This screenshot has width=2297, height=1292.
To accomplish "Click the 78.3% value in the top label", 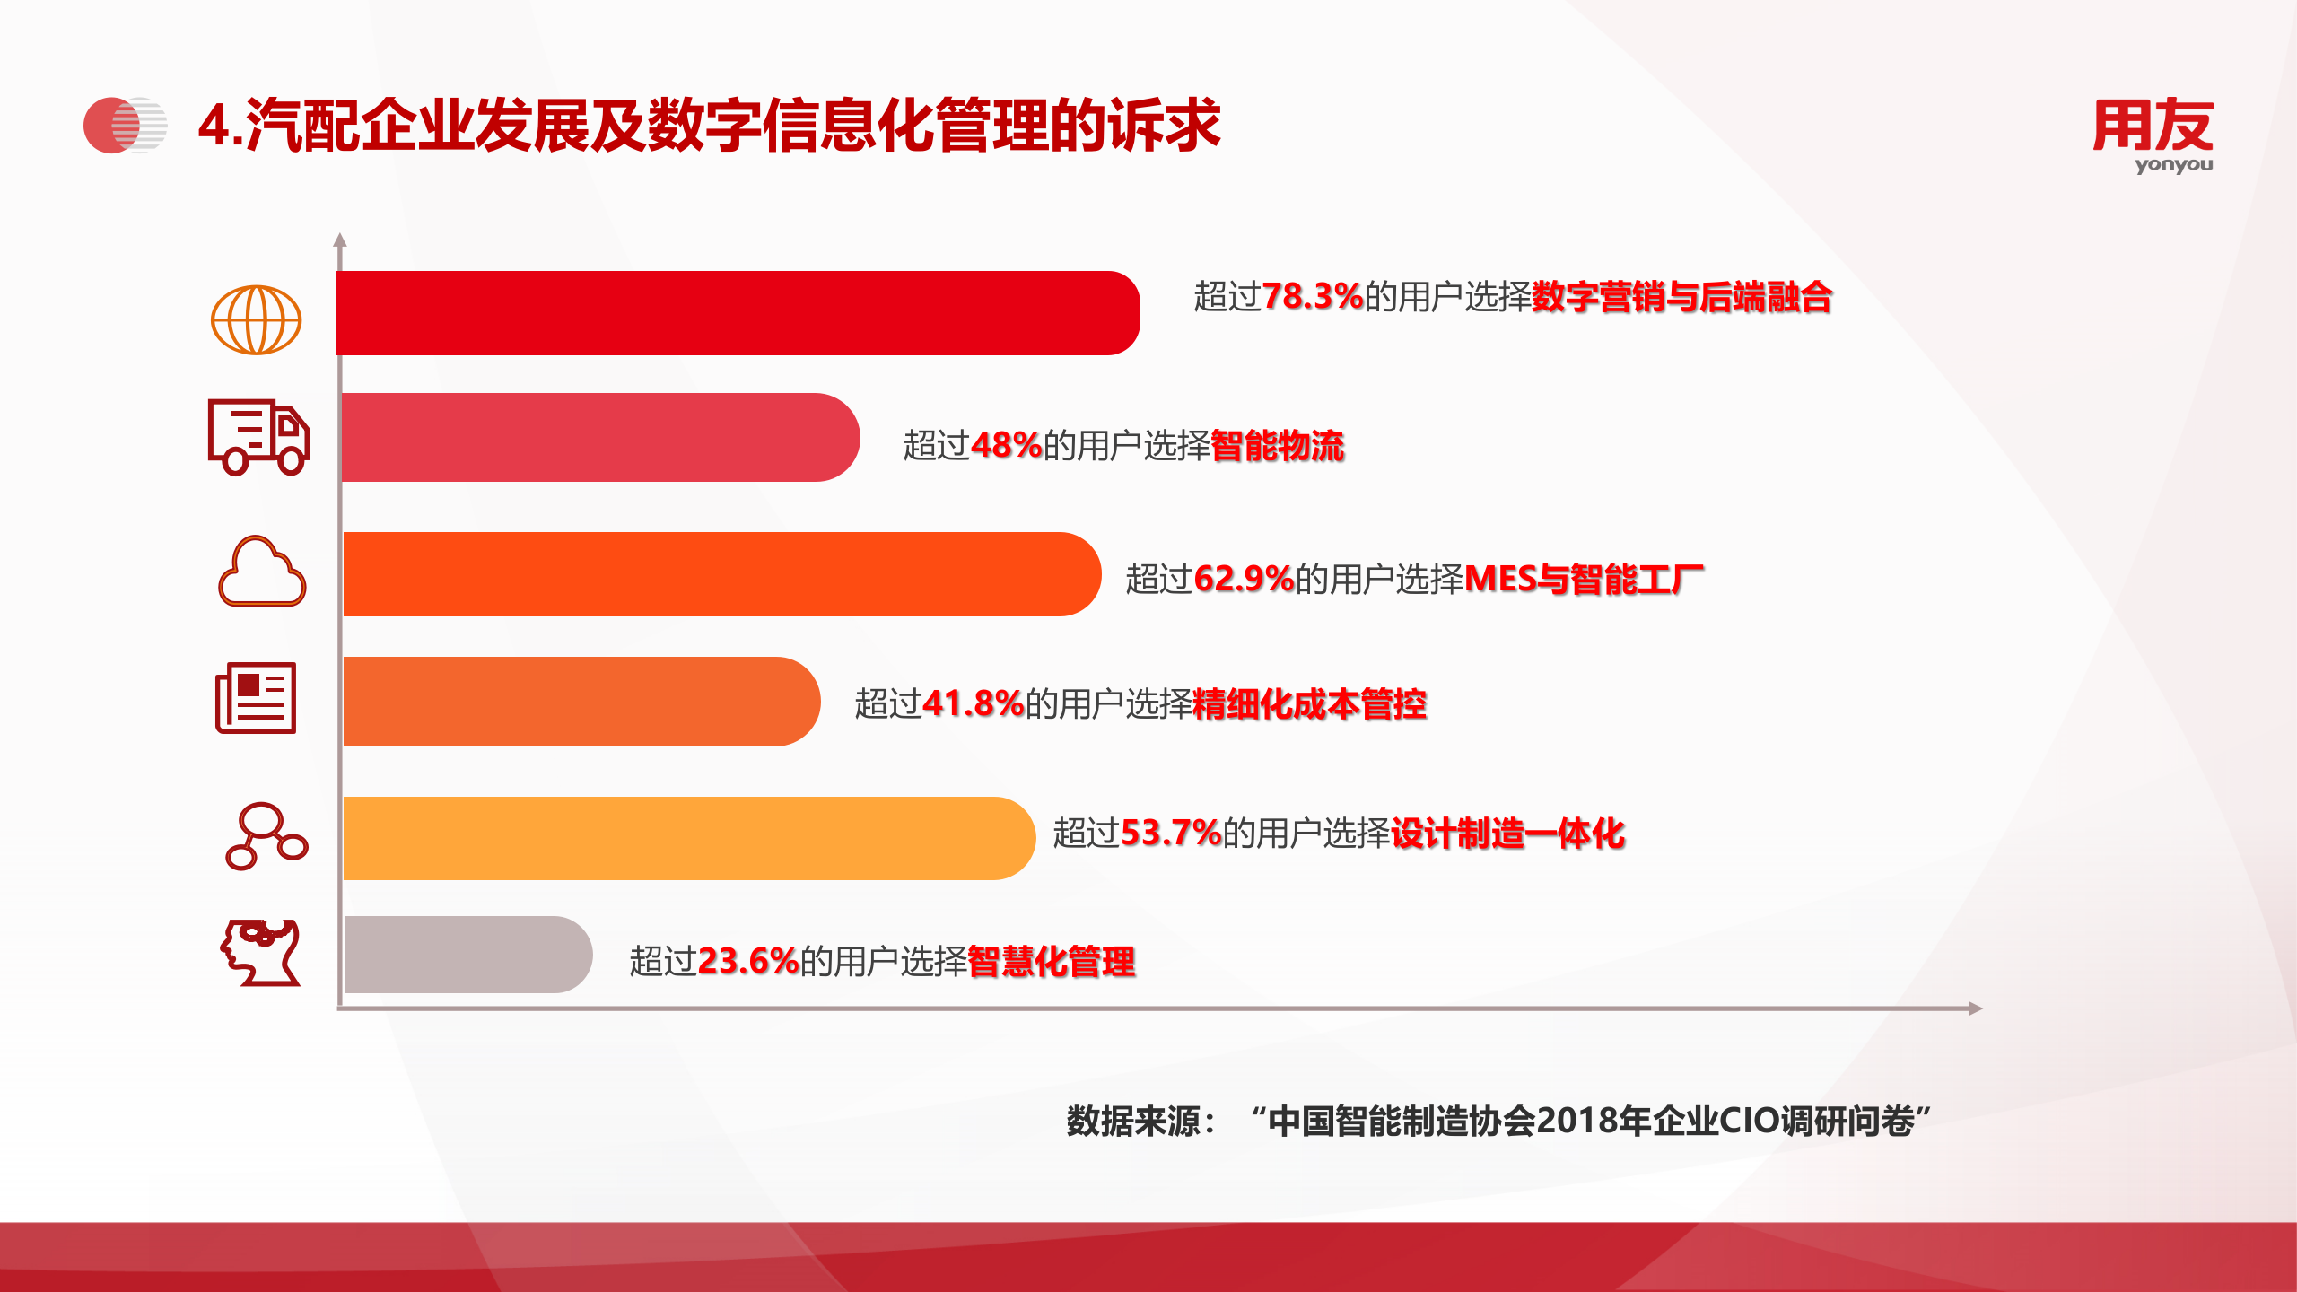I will [1312, 297].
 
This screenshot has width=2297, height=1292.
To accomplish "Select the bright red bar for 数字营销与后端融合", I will [736, 313].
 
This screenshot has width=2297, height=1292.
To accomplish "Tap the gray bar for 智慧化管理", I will [467, 955].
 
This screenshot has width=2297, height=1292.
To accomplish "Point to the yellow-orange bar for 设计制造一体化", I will [686, 838].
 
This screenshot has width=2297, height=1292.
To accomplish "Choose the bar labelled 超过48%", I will [599, 438].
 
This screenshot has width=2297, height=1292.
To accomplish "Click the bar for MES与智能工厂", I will [721, 574].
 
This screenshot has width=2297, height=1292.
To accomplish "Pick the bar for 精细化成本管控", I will [581, 702].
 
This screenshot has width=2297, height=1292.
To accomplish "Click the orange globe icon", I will [257, 320].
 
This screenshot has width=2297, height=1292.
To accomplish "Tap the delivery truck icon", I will [258, 437].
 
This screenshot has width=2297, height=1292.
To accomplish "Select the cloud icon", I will [262, 572].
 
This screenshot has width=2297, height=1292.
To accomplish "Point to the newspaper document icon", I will [257, 698].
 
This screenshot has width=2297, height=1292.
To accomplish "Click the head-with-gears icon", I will [261, 953].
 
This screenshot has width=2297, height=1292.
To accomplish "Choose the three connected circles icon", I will [266, 836].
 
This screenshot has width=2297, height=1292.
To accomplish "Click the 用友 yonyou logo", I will [2153, 135].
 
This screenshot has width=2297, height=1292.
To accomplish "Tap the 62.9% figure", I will [1244, 580].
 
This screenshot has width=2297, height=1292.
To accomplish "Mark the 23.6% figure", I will [747, 962].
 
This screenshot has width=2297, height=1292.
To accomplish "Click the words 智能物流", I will [1278, 446].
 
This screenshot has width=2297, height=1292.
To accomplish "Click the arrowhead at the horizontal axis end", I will [1976, 1008].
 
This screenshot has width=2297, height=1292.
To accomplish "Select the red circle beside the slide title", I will [108, 126].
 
